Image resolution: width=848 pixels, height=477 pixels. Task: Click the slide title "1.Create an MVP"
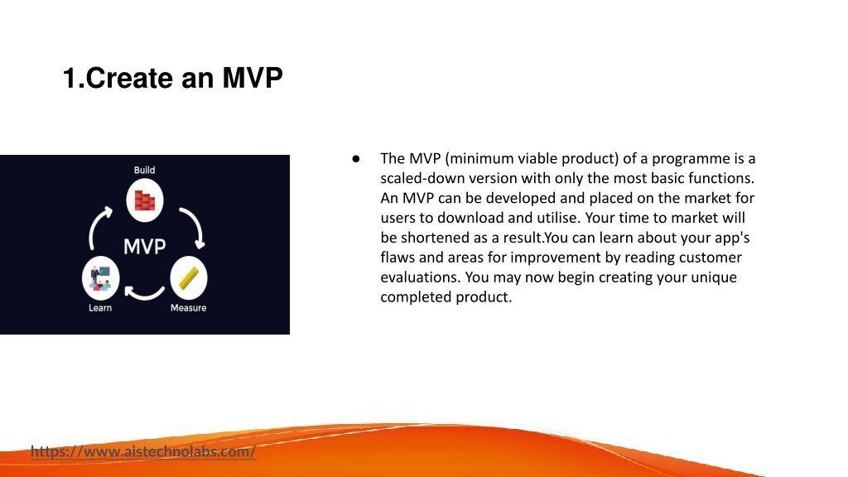[172, 78]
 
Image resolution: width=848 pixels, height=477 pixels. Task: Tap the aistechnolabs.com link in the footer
[143, 451]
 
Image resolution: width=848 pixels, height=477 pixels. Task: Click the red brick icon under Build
[145, 200]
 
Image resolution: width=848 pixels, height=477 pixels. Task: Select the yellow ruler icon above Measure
[189, 278]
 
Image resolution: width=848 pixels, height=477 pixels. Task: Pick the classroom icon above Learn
[100, 278]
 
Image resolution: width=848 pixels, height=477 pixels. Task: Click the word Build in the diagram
[144, 170]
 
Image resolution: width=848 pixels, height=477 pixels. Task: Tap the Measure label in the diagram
[188, 308]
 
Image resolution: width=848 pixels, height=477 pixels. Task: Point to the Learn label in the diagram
[100, 308]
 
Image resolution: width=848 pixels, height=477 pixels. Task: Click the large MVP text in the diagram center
[144, 247]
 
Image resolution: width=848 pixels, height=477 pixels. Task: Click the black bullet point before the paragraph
[356, 158]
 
